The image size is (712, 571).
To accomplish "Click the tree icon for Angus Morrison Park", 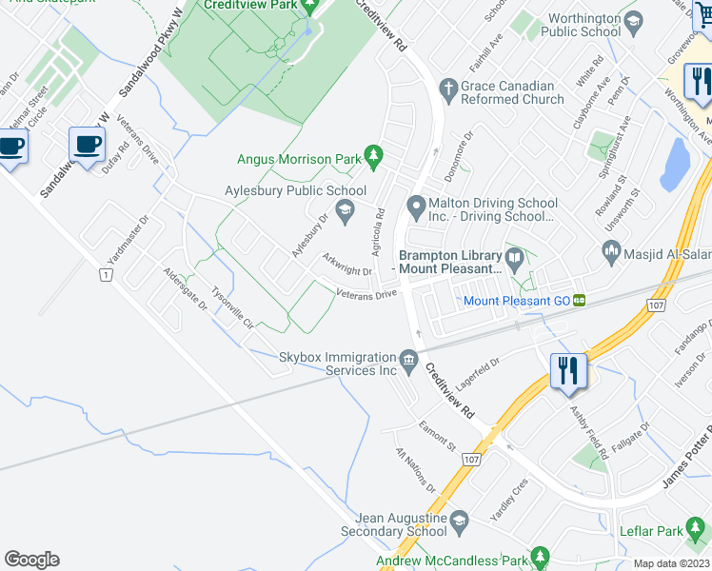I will tap(373, 153).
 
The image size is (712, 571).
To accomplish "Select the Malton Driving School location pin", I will tap(415, 206).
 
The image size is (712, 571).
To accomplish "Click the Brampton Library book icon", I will tap(515, 258).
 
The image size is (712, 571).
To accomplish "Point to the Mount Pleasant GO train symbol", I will tap(579, 301).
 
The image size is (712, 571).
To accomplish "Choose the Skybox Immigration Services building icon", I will tap(408, 361).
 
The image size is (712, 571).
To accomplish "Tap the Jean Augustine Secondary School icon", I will tap(459, 521).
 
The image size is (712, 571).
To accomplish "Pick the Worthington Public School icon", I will tap(632, 21).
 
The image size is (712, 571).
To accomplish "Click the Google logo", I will tap(31, 560).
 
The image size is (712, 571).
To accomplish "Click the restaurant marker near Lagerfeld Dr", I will tap(568, 369).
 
